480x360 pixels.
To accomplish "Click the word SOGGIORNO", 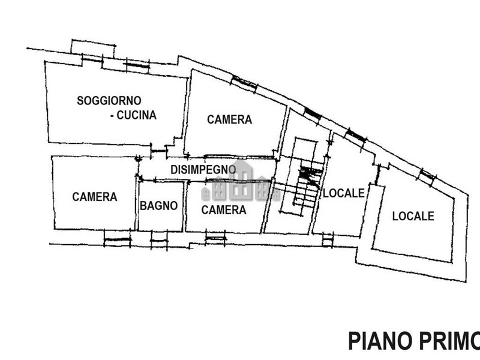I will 109,100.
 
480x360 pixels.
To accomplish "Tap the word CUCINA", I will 136,115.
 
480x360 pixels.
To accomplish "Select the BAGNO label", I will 159,206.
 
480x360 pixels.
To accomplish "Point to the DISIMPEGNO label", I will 203,170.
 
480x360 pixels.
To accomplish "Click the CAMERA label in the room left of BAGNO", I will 94,197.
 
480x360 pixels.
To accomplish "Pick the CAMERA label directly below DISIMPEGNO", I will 223,210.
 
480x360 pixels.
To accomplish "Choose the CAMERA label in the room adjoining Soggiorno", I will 229,119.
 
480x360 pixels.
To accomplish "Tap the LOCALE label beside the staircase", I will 344,193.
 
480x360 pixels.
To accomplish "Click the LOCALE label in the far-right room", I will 413,216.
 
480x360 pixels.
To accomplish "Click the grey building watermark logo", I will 240,182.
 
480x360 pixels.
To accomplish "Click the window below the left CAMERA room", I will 117,241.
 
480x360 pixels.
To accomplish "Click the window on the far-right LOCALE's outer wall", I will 427,175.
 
